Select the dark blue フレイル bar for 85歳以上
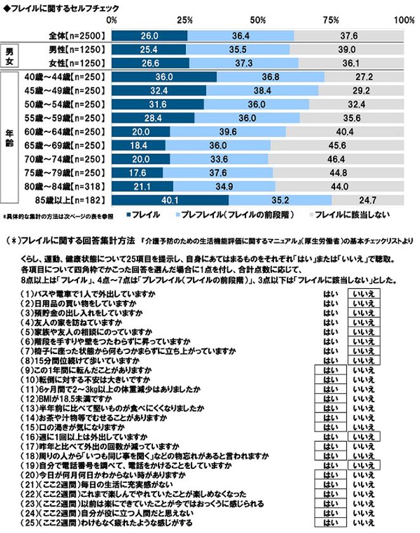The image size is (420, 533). pyautogui.click(x=170, y=201)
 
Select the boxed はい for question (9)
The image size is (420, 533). pyautogui.click(x=330, y=368)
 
